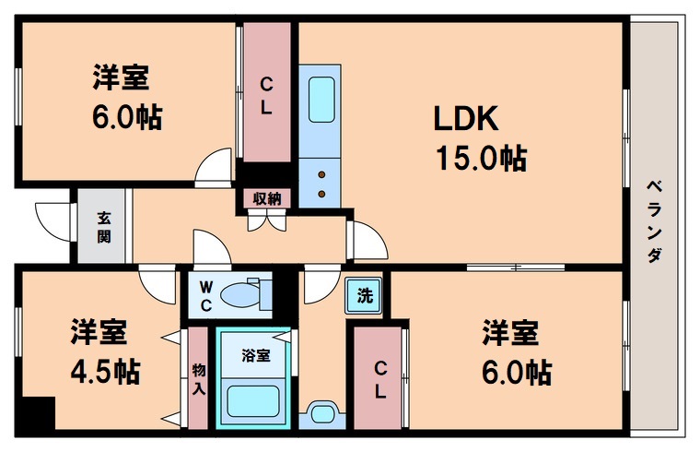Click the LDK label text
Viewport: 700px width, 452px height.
[x=466, y=119]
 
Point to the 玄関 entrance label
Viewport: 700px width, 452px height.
[x=104, y=226]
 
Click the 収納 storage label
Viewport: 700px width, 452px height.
[x=267, y=197]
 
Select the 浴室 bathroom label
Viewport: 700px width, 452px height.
[x=255, y=355]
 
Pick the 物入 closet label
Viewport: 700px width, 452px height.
[x=198, y=378]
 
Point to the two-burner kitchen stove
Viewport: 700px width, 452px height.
[x=321, y=184]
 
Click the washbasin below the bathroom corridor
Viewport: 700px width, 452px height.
[x=322, y=411]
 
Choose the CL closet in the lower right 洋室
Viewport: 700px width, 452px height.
[x=379, y=378]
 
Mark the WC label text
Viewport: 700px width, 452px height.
[x=206, y=296]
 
